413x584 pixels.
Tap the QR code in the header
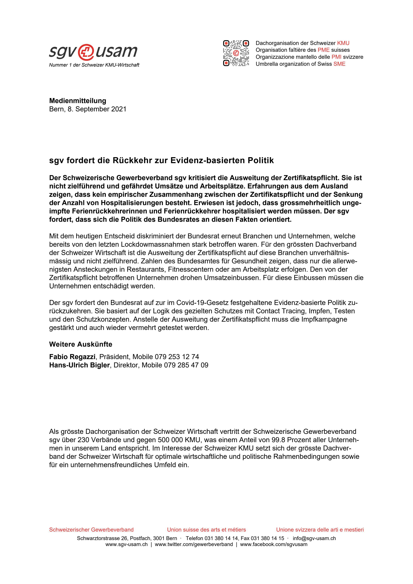236,53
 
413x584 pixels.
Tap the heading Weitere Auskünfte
81,344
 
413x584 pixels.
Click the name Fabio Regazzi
72,357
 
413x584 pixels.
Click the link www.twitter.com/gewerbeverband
194,544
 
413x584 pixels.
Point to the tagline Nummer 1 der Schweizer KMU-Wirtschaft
94,65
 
